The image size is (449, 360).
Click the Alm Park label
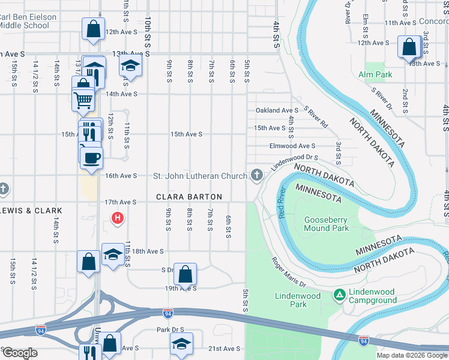tap(375, 74)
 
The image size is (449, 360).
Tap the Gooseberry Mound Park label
tap(326, 224)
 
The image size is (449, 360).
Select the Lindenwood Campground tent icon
tap(339, 295)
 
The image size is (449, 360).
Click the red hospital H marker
tap(118, 218)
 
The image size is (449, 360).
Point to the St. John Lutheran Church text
tap(200, 176)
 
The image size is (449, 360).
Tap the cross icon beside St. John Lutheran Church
tap(257, 175)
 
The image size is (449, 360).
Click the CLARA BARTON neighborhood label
tap(189, 197)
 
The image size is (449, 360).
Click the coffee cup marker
tap(91, 158)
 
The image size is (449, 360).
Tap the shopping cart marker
tap(83, 100)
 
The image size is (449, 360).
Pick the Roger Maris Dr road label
tap(289, 272)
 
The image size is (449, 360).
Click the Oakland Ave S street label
tap(277, 110)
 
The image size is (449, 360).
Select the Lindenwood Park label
tap(298, 300)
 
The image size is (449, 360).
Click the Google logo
tap(19, 353)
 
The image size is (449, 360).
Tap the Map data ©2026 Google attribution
tap(412, 355)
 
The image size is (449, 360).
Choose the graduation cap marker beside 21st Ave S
tap(181, 344)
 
